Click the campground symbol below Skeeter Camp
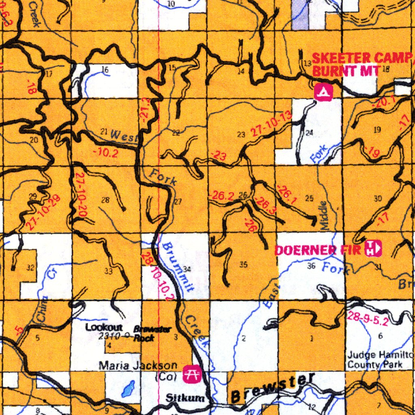pos(323,92)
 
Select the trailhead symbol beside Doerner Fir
pos(373,248)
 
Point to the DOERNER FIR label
pos(318,250)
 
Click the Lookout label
pos(104,327)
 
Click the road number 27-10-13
pos(271,124)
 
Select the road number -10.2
pos(105,153)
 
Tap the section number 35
pos(243,265)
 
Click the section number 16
pos(105,70)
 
